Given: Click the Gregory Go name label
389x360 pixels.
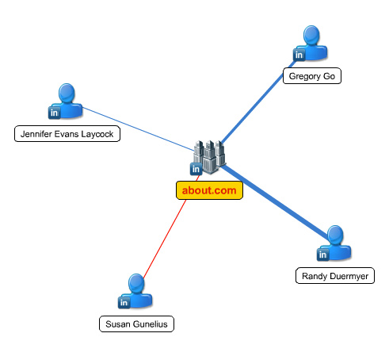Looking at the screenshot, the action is (312, 76).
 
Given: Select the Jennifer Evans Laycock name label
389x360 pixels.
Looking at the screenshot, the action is (67, 134).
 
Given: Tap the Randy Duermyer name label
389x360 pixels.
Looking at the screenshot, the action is (335, 276).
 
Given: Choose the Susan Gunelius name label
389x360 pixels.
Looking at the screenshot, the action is (136, 324).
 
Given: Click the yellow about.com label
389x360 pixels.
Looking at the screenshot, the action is (209, 190).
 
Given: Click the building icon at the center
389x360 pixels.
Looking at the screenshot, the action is (209, 157).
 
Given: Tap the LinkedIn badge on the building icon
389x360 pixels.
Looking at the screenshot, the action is (196, 169).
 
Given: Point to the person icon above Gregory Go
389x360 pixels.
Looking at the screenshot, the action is (311, 42).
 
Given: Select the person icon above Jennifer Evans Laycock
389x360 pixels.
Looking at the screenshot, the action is (67, 101).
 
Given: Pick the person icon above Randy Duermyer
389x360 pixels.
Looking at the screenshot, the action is (335, 243).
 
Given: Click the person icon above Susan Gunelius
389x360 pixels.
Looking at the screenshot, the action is (136, 290).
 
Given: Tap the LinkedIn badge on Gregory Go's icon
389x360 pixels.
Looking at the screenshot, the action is (299, 55).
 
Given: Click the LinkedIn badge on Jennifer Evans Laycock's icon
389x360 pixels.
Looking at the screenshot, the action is (55, 113).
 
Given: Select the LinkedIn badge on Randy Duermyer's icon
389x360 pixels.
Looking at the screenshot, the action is (323, 255).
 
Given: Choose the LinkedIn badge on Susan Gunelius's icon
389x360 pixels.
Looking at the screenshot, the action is (124, 303).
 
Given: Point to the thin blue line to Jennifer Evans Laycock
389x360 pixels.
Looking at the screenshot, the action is (138, 129).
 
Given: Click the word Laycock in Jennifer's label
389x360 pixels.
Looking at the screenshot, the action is (97, 134).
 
